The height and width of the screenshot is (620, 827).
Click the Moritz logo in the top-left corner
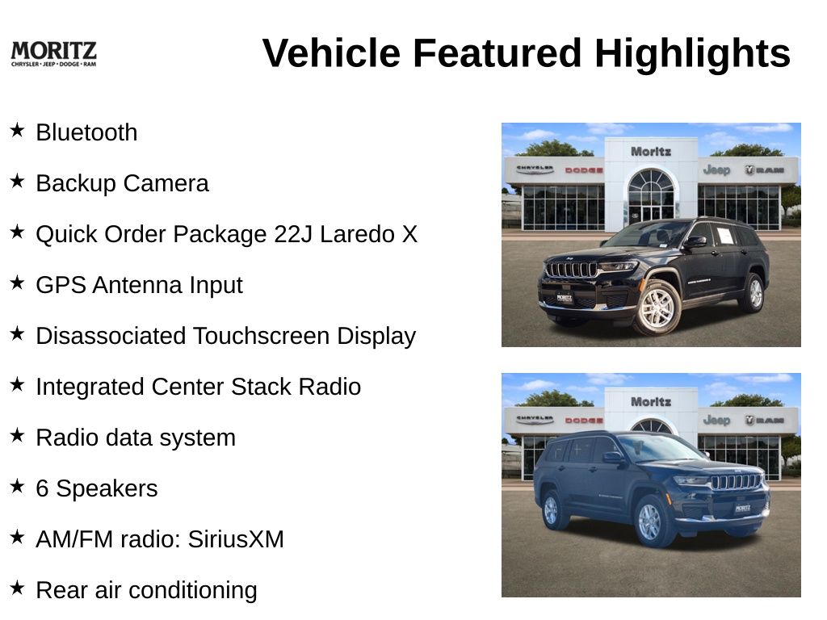point(54,54)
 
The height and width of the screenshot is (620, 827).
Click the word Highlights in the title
point(692,53)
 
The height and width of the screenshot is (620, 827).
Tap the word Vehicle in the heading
point(331,53)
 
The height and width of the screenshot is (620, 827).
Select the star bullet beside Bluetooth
point(18,130)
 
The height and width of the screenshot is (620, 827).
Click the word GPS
point(61,285)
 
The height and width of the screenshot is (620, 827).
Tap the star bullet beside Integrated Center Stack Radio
point(18,384)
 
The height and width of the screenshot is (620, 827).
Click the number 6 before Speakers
point(42,488)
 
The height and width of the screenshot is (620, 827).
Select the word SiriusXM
point(236,539)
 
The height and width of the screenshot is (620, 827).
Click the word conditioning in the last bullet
point(193,590)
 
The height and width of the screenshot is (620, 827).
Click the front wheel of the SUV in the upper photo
point(657,308)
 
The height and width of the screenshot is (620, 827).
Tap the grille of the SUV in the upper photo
point(571,270)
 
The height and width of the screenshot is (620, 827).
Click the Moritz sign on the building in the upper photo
point(651,152)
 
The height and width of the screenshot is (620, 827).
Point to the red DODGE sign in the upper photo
point(584,170)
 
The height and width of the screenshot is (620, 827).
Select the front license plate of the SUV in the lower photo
point(743,509)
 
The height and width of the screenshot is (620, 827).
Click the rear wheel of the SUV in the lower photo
point(551,510)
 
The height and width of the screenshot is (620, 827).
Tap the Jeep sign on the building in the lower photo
point(717,420)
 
